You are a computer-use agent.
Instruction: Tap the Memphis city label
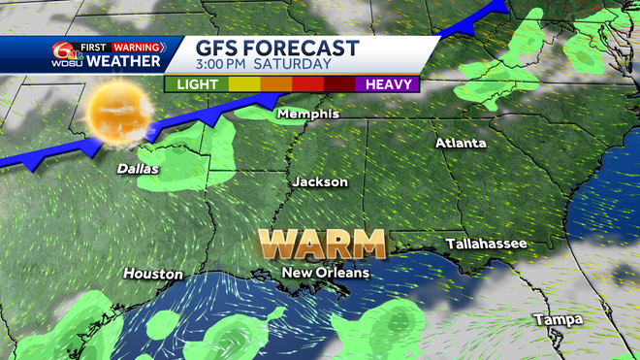[308, 114]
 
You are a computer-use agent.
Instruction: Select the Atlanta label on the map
[461, 143]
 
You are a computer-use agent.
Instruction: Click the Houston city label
[153, 274]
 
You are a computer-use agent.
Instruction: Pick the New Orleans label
[325, 274]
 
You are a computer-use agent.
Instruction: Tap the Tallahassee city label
[486, 243]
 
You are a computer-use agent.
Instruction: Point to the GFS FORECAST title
[276, 48]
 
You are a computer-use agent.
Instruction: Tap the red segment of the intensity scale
[308, 83]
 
